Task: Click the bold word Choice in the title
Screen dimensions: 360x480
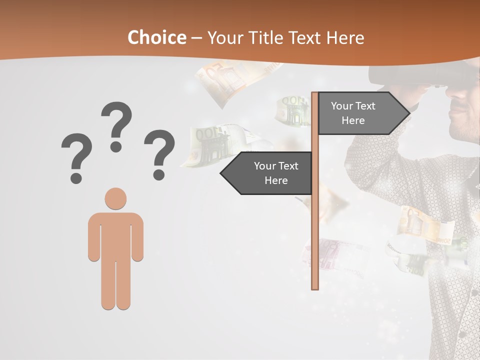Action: coord(156,37)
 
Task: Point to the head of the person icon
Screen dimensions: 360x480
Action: coord(115,198)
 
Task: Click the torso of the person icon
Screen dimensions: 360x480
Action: coord(115,235)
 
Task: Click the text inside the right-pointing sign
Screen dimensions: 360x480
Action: coord(353,113)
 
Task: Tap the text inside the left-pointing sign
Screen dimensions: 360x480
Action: coord(276,173)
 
